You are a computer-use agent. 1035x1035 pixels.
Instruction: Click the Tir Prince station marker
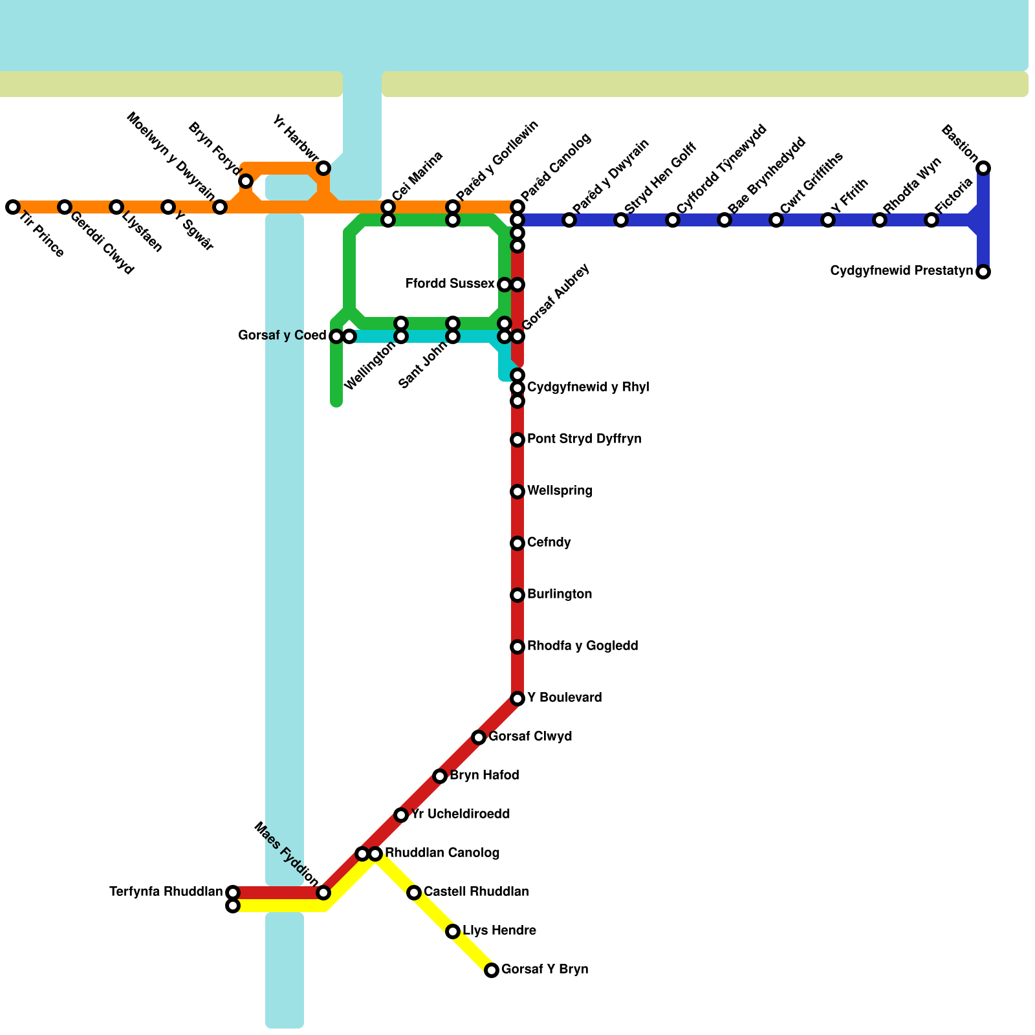coord(12,207)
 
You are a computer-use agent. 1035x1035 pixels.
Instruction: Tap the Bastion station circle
coord(983,168)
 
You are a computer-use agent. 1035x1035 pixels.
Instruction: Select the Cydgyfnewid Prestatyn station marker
coord(983,272)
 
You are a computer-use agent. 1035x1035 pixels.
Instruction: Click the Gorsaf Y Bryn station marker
coord(492,970)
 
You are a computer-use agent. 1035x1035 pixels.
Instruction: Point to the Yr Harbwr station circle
coord(323,168)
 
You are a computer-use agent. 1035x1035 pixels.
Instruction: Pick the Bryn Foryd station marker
coord(246,181)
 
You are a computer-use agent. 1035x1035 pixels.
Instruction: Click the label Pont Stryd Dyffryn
coord(584,439)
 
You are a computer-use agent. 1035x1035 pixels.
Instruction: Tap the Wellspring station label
coord(560,491)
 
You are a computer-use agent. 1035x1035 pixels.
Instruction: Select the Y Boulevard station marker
coord(517,699)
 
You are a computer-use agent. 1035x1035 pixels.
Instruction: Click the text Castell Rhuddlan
coord(476,892)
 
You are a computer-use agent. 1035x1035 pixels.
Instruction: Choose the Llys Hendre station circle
coord(453,931)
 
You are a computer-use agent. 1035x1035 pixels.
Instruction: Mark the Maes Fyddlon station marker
coord(323,893)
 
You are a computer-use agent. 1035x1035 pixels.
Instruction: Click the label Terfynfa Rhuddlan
coord(166,892)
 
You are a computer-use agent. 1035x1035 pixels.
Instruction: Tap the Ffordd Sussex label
coord(450,284)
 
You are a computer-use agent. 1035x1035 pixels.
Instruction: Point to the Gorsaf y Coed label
coord(282,336)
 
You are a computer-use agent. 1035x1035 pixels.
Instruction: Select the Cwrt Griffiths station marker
coord(776,220)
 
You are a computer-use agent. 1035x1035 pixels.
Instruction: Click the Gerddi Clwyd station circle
coord(64,207)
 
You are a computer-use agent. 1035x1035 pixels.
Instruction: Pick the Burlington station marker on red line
coord(517,595)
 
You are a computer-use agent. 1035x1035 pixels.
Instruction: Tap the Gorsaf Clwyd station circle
coord(479,737)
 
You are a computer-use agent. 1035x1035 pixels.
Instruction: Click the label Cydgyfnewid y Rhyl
coord(588,387)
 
